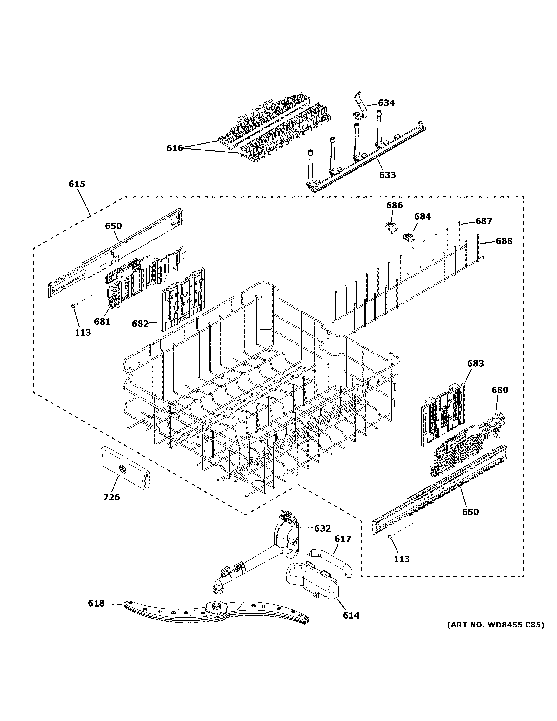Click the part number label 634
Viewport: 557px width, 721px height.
click(x=386, y=103)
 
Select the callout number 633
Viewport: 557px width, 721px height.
click(x=387, y=175)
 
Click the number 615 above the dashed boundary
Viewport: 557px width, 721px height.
click(x=77, y=184)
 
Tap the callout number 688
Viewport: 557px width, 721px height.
click(x=504, y=241)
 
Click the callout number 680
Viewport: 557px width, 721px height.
click(x=500, y=390)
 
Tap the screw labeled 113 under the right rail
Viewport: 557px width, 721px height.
click(x=391, y=537)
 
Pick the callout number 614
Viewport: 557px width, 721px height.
click(x=351, y=615)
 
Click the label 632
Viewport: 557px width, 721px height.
click(x=322, y=528)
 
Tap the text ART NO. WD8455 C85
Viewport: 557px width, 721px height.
click(x=495, y=625)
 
